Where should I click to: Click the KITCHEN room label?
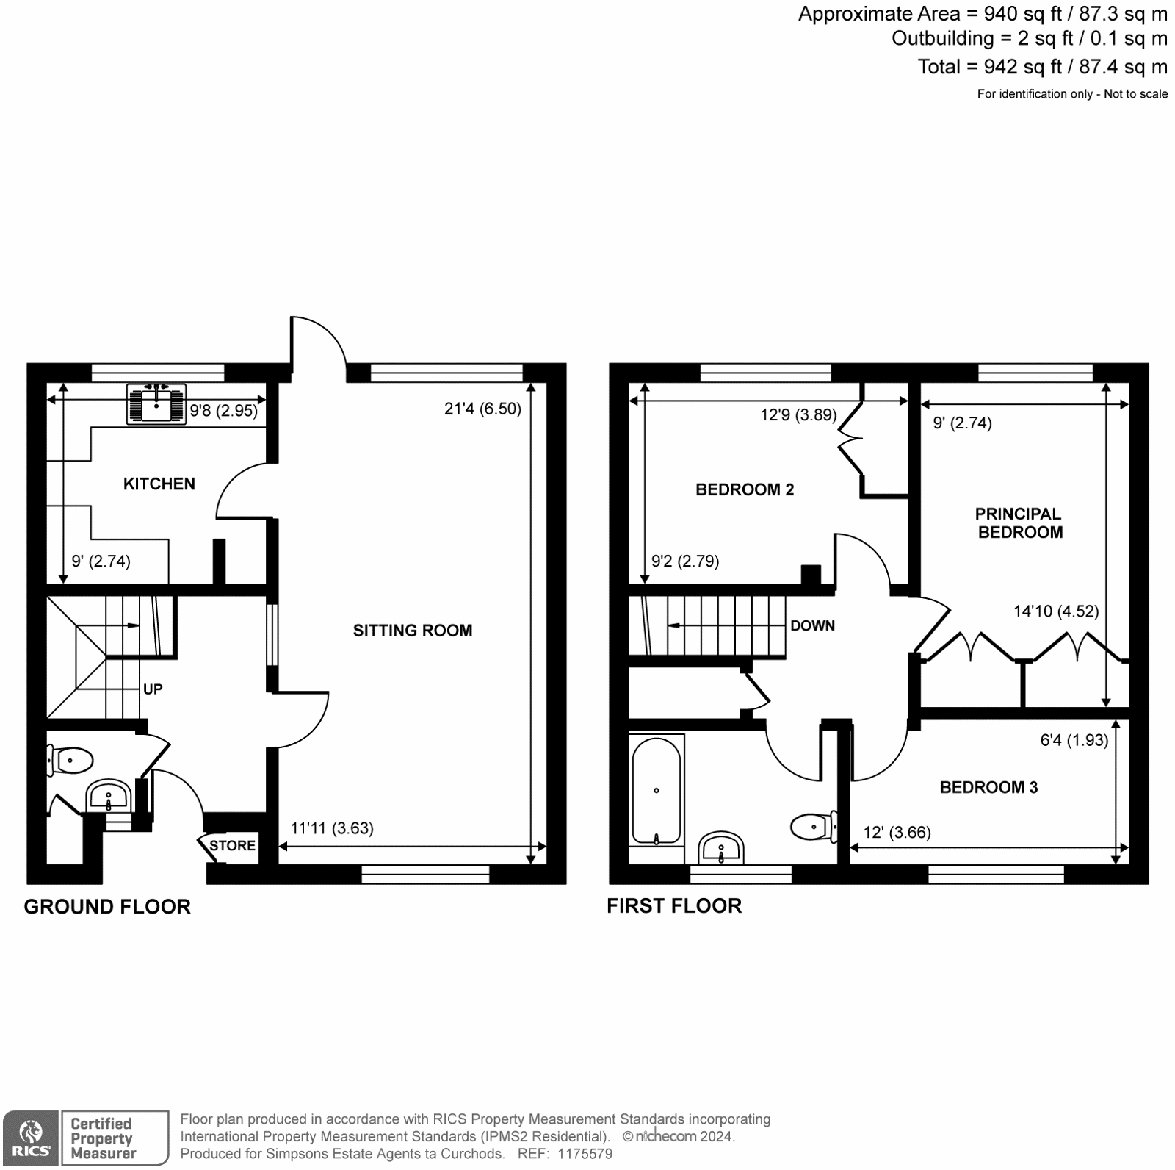coord(159,484)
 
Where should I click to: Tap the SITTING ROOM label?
coord(413,630)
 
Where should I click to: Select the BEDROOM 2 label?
coord(745,489)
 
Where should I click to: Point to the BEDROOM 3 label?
coord(988,787)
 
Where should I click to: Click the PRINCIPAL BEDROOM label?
coord(1020,523)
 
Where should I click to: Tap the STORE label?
coord(232,845)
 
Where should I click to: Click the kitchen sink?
coord(156,404)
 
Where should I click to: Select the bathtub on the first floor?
coord(657,789)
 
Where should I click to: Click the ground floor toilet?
coord(69,760)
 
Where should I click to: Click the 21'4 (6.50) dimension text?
coord(482,409)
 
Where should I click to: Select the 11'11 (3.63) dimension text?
coord(332,828)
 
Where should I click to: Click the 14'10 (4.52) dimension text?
coord(1056,611)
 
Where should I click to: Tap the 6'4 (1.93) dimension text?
coord(1074,740)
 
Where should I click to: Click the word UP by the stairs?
coord(153,689)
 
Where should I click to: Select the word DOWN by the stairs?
coord(812,625)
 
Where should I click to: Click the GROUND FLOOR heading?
coord(107,906)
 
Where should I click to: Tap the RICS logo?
coord(31,1138)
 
